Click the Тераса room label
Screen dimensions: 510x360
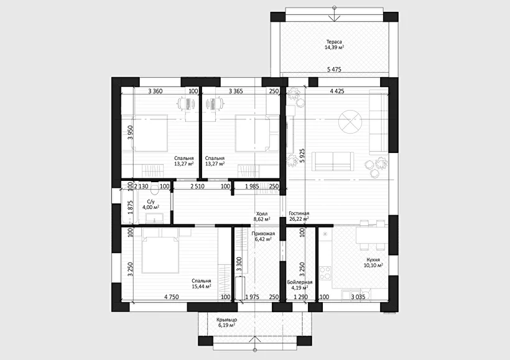[x=334, y=42]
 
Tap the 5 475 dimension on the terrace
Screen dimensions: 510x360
[x=334, y=69]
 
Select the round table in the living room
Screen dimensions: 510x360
[x=350, y=123]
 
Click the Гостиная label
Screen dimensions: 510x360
[x=299, y=213]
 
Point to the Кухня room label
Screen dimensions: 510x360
[x=373, y=260]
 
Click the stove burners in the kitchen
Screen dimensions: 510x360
[x=325, y=273]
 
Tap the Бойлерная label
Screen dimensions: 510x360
[x=300, y=282]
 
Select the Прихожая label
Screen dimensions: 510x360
[x=263, y=234]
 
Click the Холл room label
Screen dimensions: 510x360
[x=261, y=214]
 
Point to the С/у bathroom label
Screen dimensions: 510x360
[x=151, y=201]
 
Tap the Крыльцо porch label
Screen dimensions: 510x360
[x=227, y=320]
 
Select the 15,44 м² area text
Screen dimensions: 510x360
[x=202, y=286]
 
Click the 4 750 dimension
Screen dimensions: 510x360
[x=172, y=297]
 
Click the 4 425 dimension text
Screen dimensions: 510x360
[x=337, y=91]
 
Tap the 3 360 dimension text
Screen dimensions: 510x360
[x=155, y=91]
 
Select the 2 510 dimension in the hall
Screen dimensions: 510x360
[x=197, y=187]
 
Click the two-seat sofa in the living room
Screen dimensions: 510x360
[x=333, y=161]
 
